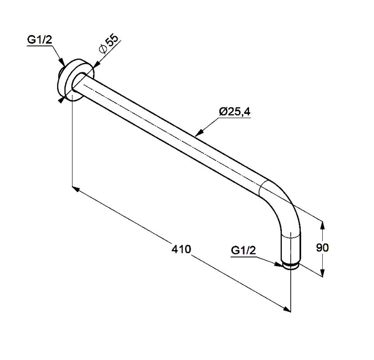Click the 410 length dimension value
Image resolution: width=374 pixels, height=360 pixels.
click(181, 249)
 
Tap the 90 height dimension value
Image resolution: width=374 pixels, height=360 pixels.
click(322, 248)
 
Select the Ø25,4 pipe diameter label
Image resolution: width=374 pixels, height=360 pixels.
click(235, 112)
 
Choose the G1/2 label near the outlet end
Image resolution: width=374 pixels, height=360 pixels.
click(243, 250)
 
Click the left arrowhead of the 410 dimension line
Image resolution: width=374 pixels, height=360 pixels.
click(76, 189)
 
